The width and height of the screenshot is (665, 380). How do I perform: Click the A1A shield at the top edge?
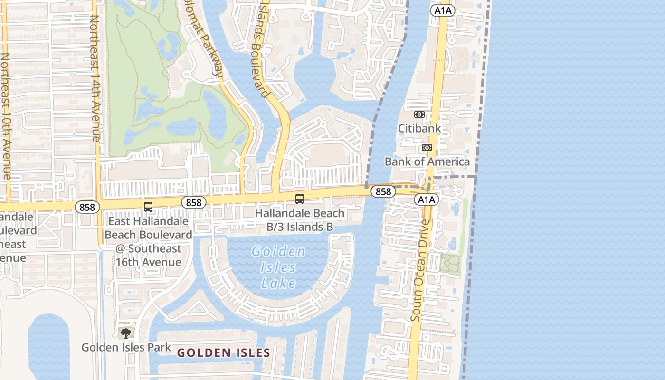(442, 10)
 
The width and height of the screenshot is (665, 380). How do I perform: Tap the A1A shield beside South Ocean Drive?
(426, 199)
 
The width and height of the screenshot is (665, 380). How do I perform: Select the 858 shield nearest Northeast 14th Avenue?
(87, 207)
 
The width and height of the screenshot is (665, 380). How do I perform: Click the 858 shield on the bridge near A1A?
(383, 191)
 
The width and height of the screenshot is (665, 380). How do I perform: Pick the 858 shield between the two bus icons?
(194, 202)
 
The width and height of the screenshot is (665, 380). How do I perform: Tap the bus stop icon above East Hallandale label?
(148, 207)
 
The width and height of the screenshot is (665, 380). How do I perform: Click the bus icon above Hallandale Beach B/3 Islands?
(300, 199)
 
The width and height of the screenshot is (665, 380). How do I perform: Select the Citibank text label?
(419, 128)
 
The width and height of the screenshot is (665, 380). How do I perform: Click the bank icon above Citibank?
(419, 114)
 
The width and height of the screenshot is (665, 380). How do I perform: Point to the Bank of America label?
(427, 161)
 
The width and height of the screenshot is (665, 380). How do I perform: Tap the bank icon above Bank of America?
(427, 148)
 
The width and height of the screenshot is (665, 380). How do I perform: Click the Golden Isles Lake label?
(279, 267)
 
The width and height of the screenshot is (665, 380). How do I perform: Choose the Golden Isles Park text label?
(126, 347)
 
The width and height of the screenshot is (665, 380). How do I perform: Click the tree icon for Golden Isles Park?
(126, 333)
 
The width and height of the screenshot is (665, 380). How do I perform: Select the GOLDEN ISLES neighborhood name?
(224, 353)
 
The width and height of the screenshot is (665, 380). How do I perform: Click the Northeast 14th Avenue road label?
(95, 78)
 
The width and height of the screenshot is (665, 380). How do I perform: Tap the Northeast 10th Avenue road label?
(5, 116)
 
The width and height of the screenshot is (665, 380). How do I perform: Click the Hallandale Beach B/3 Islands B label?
(300, 220)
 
